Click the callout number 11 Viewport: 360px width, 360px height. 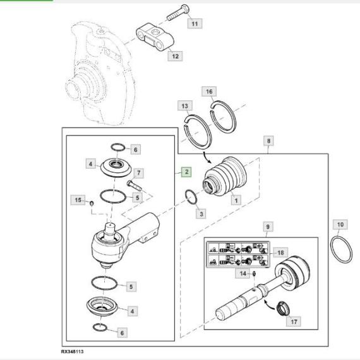point(195,23)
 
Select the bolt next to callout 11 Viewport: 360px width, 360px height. point(178,13)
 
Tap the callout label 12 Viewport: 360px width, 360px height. point(175,56)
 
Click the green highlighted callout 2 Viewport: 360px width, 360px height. point(186,172)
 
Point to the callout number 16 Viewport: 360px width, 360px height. point(209,92)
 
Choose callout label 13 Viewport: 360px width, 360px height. point(185,106)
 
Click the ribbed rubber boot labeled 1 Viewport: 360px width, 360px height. point(225,176)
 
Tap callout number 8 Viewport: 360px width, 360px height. point(268,140)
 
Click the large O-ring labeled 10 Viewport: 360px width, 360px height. point(341,251)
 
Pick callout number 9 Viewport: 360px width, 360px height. point(268,227)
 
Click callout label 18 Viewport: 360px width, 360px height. point(280,253)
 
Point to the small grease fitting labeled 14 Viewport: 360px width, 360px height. point(254,273)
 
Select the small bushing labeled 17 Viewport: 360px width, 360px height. point(283,309)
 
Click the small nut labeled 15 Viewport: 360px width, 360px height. point(92,203)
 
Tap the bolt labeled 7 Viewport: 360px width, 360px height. point(134,186)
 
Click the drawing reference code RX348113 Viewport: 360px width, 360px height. point(73,352)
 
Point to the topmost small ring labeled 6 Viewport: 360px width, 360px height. point(118,147)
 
